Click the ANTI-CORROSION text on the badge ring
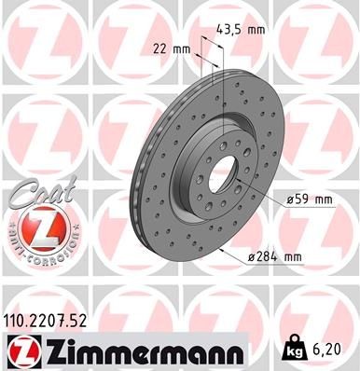coord(35,250)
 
